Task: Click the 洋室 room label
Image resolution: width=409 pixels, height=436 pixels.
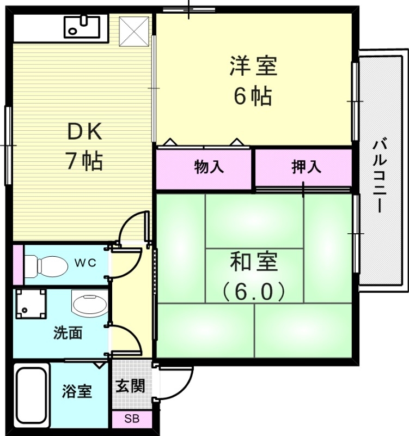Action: (253, 66)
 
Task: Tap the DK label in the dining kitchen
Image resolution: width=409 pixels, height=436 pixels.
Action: (85, 132)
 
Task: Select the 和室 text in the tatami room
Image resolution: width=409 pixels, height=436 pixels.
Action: (254, 262)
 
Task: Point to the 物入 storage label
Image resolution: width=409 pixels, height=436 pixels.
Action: (209, 167)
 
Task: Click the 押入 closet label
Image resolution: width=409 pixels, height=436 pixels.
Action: (306, 167)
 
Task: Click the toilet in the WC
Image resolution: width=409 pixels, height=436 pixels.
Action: (46, 267)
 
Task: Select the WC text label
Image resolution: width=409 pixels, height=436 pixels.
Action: (86, 263)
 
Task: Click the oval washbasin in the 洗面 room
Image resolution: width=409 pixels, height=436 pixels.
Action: (90, 304)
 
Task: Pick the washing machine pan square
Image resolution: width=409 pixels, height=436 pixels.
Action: (31, 304)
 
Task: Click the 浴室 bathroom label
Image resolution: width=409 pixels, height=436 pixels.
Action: (77, 391)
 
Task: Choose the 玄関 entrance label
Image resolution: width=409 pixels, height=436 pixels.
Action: (130, 386)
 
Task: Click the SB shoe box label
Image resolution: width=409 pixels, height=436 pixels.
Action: (132, 419)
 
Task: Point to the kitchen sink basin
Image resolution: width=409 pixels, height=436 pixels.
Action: (82, 27)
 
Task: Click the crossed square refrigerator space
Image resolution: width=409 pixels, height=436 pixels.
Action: (135, 32)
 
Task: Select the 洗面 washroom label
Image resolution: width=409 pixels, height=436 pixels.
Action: (68, 333)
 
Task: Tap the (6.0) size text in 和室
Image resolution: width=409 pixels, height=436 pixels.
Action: (254, 291)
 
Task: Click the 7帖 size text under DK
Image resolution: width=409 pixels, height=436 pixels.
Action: (85, 160)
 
